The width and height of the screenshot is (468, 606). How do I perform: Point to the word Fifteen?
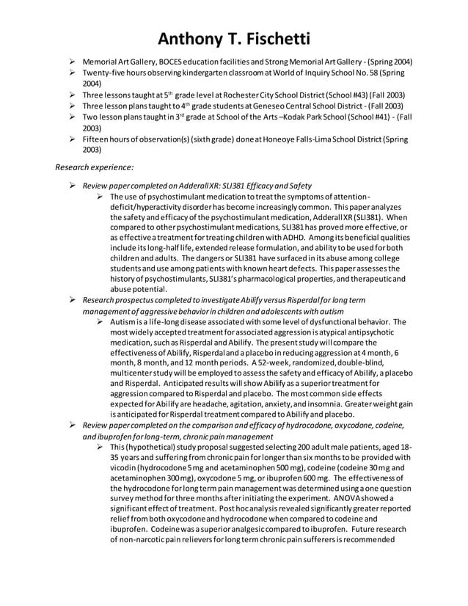point(95,138)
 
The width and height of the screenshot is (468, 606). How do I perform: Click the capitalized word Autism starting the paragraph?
point(123,322)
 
